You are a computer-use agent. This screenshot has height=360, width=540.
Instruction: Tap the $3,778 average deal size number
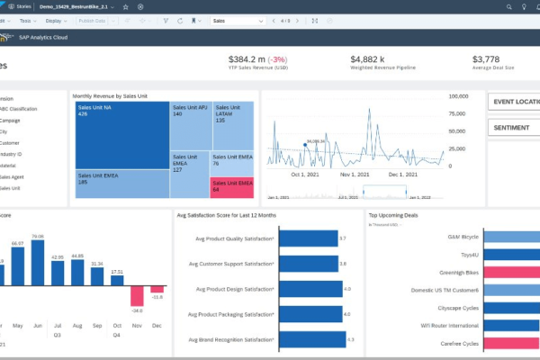click(490, 59)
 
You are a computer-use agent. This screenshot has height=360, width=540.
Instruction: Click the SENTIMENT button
click(513, 128)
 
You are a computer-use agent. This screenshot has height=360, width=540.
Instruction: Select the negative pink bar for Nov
click(137, 295)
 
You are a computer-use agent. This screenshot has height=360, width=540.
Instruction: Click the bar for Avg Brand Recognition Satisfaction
click(313, 339)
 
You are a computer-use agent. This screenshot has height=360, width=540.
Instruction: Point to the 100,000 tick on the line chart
click(458, 95)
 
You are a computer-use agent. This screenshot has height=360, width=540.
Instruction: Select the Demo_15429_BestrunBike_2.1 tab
click(82, 5)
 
